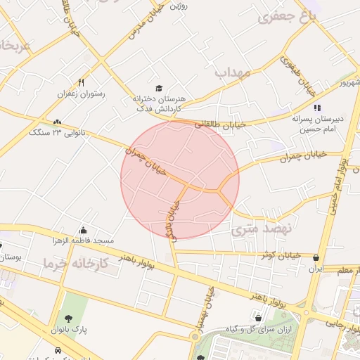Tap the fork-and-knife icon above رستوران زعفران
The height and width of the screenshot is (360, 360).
click(82, 82)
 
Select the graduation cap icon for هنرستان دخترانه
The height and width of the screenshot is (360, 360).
click(159, 89)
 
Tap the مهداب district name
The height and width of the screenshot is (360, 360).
click(233, 72)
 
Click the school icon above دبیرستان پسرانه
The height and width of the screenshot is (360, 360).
click(317, 108)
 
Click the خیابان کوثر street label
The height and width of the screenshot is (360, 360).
click(281, 255)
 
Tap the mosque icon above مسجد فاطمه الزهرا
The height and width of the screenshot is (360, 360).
click(84, 230)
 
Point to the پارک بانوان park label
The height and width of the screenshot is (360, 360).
click(68, 329)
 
